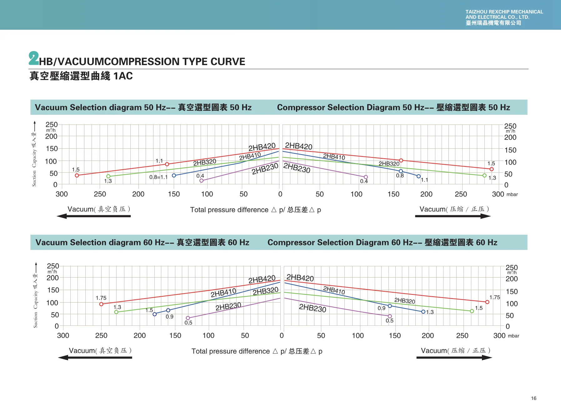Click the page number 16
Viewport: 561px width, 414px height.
click(x=533, y=398)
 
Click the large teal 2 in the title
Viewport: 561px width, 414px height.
click(x=33, y=58)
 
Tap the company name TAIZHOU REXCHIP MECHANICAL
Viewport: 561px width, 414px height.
click(x=504, y=12)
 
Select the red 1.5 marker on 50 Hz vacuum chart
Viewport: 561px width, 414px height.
click(x=77, y=176)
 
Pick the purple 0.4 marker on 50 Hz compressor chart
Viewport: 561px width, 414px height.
click(x=366, y=177)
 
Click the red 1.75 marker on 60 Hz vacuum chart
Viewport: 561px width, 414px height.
click(x=101, y=304)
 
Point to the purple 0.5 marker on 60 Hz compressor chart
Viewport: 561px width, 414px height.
click(x=390, y=316)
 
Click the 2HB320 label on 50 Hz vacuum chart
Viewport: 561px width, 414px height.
click(x=205, y=162)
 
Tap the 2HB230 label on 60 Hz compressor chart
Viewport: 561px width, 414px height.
click(x=313, y=308)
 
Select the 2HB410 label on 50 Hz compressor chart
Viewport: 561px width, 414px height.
click(x=334, y=156)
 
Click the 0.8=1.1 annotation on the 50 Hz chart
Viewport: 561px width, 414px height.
click(x=158, y=177)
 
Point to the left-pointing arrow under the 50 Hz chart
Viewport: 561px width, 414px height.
click(x=94, y=216)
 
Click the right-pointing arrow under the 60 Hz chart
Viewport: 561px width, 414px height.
click(x=454, y=357)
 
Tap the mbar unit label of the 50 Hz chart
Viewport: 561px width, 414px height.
click(x=512, y=194)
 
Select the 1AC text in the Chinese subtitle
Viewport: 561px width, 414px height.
click(x=123, y=76)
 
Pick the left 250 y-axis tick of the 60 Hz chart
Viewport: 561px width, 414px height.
click(x=53, y=266)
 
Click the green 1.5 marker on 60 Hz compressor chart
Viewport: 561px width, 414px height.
click(x=472, y=311)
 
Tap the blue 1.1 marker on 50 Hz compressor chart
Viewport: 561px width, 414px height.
click(x=418, y=176)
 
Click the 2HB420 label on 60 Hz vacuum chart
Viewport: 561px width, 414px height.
click(x=262, y=279)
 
